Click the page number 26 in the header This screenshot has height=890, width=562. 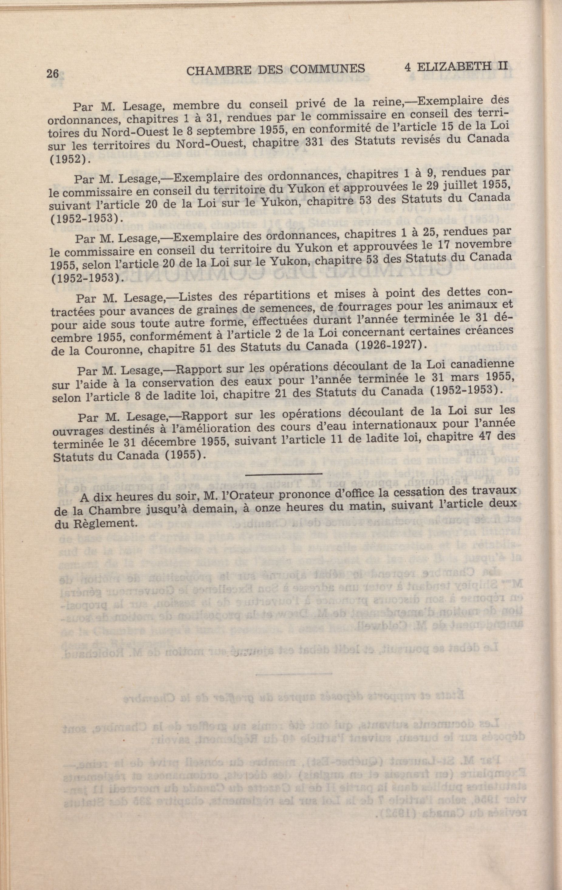tap(53, 74)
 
